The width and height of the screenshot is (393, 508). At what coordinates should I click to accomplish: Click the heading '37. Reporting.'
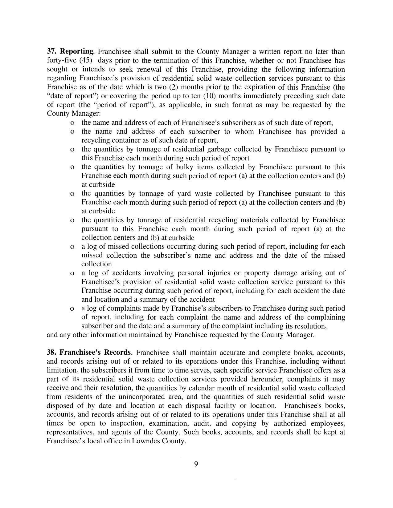(x=71, y=51)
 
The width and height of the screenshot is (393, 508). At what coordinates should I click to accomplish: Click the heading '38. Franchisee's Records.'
(x=90, y=352)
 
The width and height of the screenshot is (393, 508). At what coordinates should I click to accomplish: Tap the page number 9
(x=196, y=464)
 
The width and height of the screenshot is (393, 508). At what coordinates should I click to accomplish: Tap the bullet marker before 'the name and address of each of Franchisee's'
(x=72, y=123)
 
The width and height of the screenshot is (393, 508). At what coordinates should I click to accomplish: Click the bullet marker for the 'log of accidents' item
(x=72, y=273)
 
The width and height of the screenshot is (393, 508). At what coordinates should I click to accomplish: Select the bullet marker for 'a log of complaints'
(x=72, y=308)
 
